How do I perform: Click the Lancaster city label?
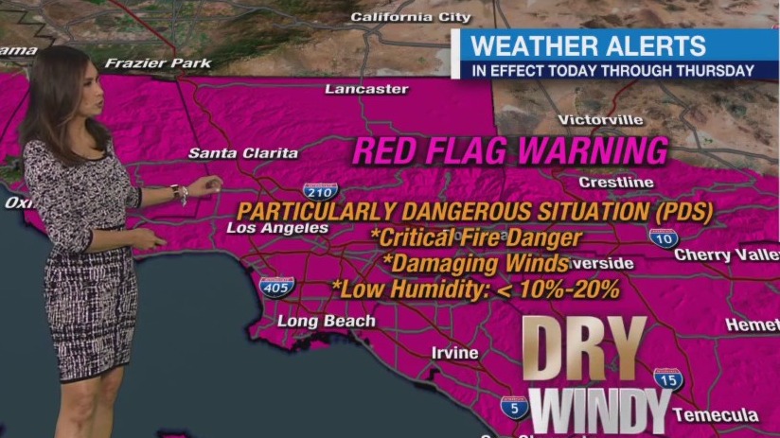366,89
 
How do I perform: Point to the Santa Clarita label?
243,152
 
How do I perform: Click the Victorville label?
600,119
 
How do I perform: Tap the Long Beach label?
326,321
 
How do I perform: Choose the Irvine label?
454,352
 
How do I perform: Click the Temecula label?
716,414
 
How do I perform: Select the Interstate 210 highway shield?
321,192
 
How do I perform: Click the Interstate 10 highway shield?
664,237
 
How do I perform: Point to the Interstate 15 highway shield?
668,380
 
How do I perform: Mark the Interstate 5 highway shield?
515,408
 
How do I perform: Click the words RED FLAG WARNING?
511,150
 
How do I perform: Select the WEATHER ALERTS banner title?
588,45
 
